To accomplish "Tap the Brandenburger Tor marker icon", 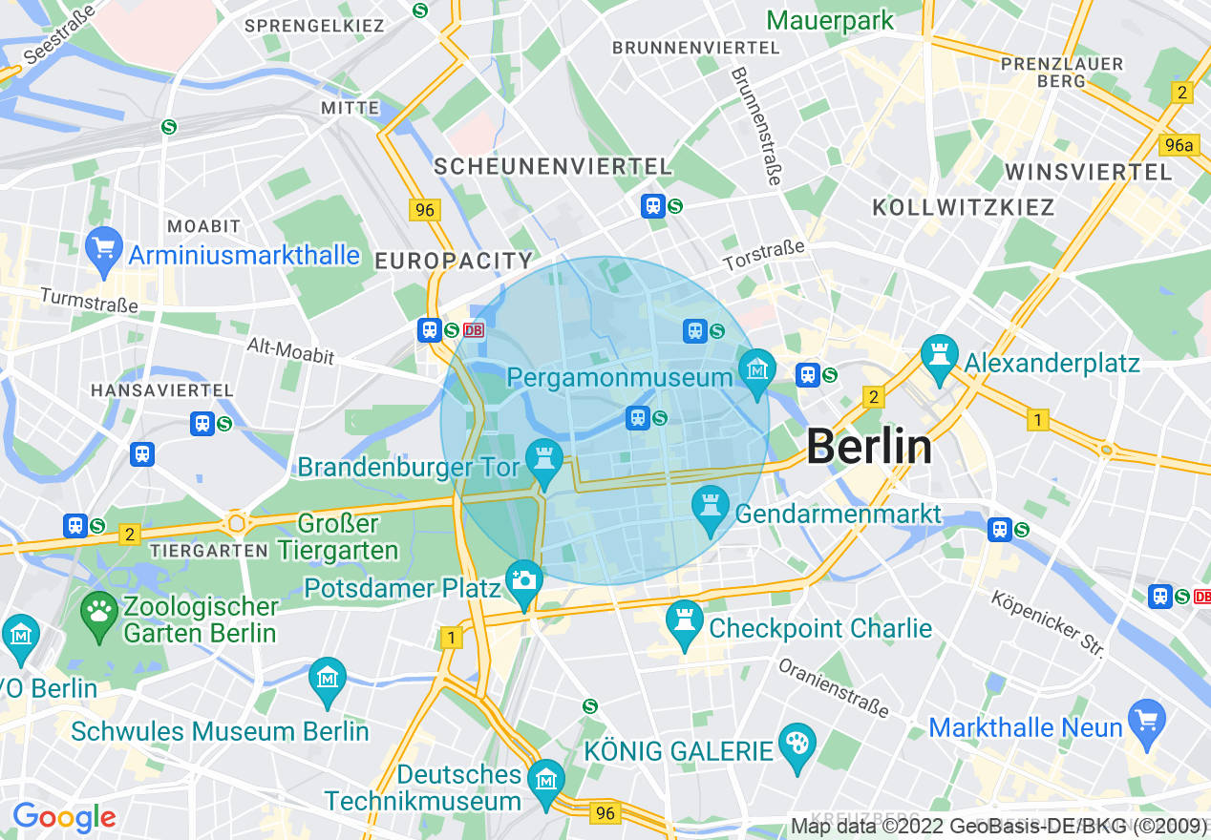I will point(544,457).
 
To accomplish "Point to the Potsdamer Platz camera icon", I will point(523,579).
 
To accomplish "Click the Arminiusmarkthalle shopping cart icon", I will point(103,246).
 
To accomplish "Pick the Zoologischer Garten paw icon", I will point(99,608).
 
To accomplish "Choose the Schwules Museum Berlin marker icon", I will point(328,677).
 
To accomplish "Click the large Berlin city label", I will point(869,447).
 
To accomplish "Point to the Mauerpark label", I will point(830,20).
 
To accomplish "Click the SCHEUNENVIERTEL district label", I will point(553,166).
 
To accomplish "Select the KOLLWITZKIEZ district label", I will point(964,207).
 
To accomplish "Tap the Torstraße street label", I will point(764,255).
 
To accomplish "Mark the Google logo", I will point(64,817).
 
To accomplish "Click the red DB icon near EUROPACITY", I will point(474,330).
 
